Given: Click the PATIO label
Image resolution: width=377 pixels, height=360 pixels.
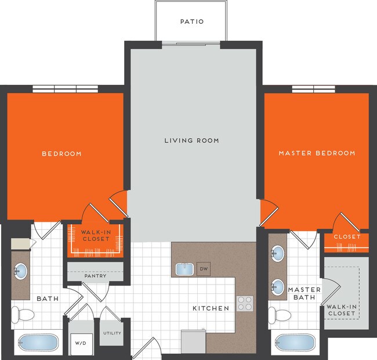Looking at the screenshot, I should click(191, 22).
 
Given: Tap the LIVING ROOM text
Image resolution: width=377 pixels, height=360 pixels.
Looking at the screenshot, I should click(191, 141).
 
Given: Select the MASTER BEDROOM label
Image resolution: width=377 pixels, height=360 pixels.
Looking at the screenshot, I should click(317, 153).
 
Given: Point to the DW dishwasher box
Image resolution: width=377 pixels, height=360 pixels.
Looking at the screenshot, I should click(203, 269).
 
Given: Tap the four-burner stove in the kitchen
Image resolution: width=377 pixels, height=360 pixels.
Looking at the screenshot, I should click(244, 304).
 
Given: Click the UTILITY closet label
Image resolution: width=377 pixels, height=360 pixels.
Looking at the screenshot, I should click(111, 333).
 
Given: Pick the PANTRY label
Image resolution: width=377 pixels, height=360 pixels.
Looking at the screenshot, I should click(95, 276).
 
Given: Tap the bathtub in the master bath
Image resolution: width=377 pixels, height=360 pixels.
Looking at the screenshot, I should click(295, 343).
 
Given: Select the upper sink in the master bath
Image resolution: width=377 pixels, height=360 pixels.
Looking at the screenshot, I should click(278, 254).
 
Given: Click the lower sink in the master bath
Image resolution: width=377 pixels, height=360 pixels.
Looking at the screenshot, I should click(278, 286).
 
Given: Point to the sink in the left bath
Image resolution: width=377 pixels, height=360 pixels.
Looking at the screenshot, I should click(21, 270).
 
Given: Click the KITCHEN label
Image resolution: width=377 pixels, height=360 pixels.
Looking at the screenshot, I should click(211, 308).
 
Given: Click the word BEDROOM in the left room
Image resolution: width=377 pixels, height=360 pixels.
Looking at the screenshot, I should click(61, 154).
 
